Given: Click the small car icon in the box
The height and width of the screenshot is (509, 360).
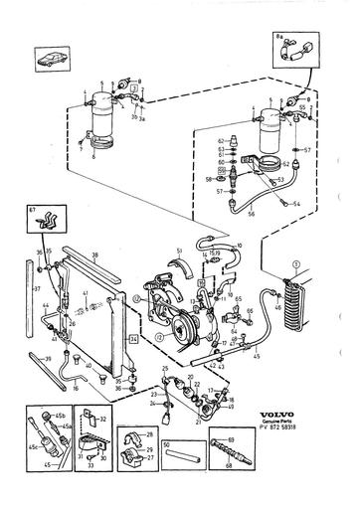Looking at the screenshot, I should tap(51, 58).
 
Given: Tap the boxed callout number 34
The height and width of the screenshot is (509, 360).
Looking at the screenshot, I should tap(132, 338).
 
